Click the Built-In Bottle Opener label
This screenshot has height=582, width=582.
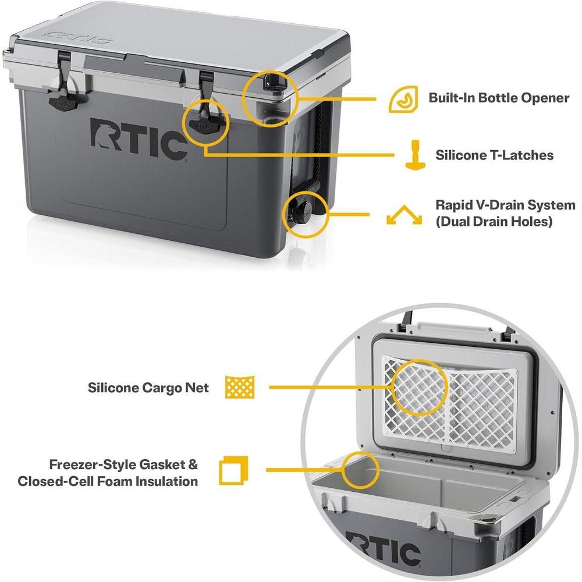coord(499,97)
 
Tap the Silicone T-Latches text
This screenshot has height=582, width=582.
coord(494,155)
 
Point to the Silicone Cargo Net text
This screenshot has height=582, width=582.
coord(148,388)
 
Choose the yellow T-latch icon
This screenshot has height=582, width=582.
coord(415,155)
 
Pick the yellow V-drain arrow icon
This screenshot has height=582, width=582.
coord(404,216)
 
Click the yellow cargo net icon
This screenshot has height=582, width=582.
coord(240,387)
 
